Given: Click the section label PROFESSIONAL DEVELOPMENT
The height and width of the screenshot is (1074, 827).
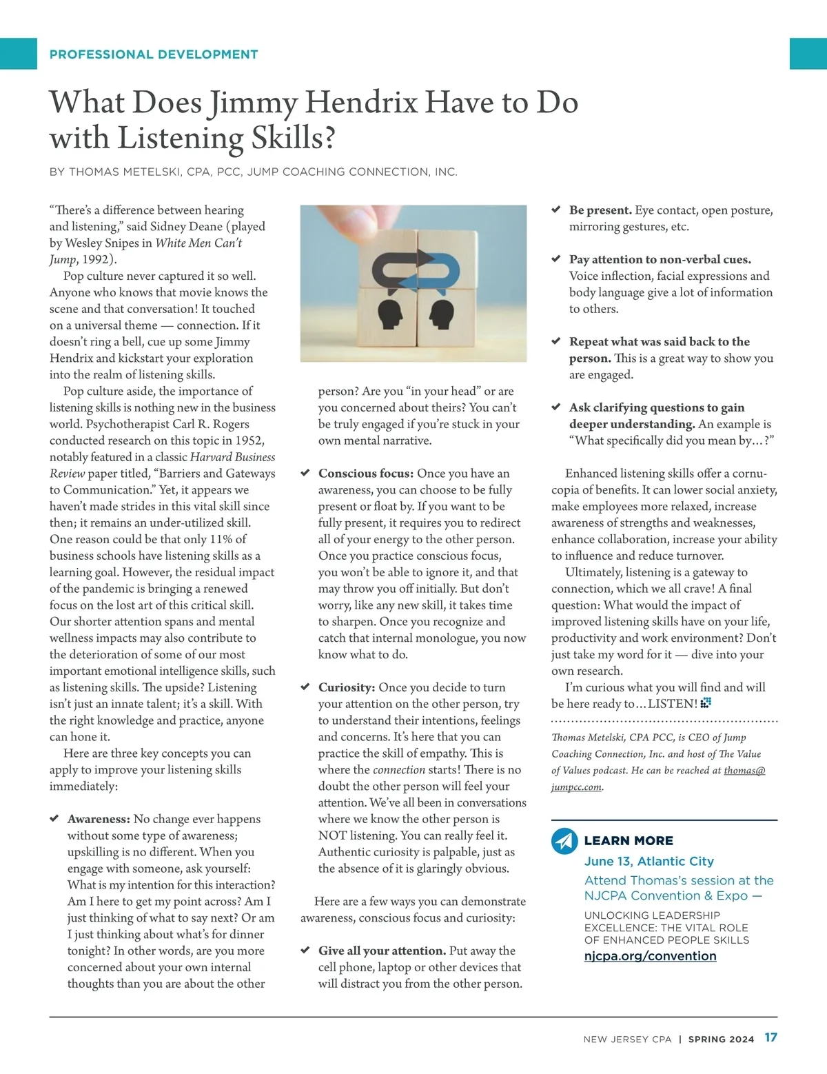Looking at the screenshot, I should pos(154,54).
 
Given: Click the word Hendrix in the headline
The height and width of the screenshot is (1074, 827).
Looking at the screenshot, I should pos(361,103).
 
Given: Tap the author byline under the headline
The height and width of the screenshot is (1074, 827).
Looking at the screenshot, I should pos(253,172).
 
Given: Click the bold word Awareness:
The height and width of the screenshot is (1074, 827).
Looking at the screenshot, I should pos(99,819).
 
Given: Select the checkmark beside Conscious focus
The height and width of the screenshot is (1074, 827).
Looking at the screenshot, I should pos(305,473).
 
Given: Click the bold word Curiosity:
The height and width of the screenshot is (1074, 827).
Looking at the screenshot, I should pos(347,687).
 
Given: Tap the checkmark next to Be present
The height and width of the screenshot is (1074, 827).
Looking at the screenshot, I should pos(555,210).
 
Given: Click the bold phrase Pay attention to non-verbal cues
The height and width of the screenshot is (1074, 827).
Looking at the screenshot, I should pos(660,259).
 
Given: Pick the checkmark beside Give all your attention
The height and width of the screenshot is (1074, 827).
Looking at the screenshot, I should pos(305,951).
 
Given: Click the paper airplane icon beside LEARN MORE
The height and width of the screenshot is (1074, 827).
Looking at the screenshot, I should pos(564,841).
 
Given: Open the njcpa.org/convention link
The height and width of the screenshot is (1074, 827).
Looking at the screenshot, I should pos(650,956).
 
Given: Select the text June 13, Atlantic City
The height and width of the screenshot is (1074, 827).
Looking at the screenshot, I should pos(649,861).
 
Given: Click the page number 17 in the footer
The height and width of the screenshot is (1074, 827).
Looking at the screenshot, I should pos(770,1037).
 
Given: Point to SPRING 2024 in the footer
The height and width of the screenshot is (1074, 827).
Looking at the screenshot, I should pos(721,1040).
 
